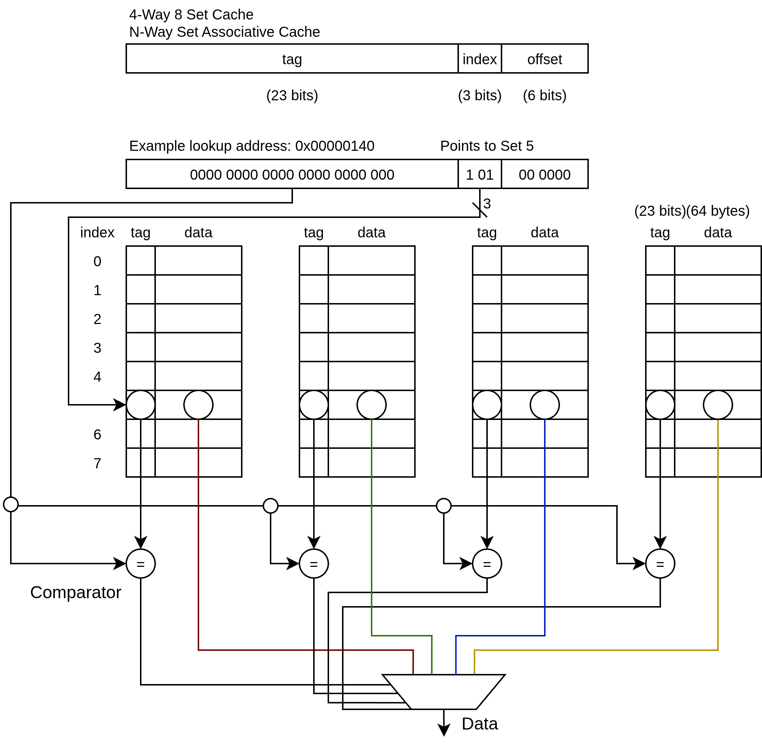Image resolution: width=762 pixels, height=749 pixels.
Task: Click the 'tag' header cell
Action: [x=292, y=58]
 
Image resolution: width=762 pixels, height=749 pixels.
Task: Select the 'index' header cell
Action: [x=479, y=58]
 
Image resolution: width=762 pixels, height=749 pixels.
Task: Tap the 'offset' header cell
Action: [x=544, y=58]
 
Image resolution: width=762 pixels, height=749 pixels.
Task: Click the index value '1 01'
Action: [x=479, y=174]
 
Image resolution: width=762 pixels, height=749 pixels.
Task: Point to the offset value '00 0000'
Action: [x=544, y=174]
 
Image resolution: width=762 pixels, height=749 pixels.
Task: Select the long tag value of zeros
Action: [x=292, y=174]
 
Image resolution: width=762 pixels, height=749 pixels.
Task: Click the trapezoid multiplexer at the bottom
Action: [x=443, y=692]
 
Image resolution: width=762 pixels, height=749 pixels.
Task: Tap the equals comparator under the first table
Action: [x=140, y=564]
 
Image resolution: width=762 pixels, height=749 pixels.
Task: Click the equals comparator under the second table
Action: [x=314, y=564]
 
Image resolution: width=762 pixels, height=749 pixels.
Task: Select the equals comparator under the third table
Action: [x=487, y=564]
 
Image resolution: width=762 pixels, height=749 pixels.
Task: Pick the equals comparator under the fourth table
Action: [x=660, y=564]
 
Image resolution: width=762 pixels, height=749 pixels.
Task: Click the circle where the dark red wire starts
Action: [x=198, y=405]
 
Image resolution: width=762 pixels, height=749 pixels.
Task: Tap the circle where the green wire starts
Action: [x=371, y=405]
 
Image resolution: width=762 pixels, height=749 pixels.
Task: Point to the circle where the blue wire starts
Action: [x=544, y=405]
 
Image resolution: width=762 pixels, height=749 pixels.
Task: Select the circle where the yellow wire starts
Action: [x=718, y=405]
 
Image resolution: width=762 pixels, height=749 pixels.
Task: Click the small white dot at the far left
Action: [x=10, y=504]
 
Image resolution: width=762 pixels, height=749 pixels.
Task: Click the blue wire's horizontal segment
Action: [x=500, y=636]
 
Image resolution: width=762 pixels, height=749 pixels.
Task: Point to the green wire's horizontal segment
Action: [x=401, y=636]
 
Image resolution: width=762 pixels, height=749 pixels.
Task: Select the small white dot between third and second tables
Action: [x=444, y=506]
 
